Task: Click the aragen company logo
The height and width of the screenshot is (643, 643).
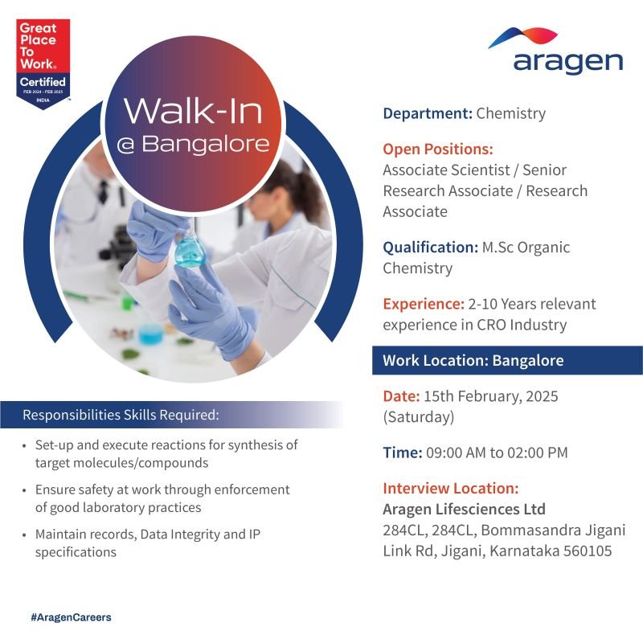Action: click(x=555, y=51)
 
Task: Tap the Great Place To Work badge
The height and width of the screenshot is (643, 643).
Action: click(x=43, y=64)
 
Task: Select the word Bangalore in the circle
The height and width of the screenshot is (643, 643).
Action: click(x=206, y=144)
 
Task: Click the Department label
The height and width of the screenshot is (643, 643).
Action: click(x=428, y=113)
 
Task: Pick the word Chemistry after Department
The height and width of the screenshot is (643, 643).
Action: click(x=511, y=113)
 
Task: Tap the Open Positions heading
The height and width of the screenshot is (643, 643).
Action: click(x=438, y=149)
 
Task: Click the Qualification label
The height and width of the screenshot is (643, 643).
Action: click(x=431, y=248)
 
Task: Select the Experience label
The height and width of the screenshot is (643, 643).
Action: click(x=424, y=305)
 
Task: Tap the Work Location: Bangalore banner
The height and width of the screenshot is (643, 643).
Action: click(x=507, y=360)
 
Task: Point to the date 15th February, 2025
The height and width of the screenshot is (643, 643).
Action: click(x=491, y=396)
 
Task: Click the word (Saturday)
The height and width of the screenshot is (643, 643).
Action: click(x=419, y=417)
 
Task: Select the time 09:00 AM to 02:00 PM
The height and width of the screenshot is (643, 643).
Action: click(x=497, y=453)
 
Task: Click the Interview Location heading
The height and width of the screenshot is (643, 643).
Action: click(x=451, y=489)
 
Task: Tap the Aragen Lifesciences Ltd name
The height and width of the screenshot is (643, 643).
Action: click(x=465, y=510)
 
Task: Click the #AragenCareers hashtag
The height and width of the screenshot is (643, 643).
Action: click(x=71, y=617)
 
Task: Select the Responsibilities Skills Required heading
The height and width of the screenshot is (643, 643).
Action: click(x=121, y=415)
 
